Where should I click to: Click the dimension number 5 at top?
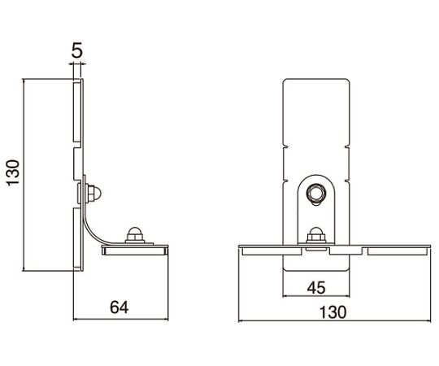pos(77,50)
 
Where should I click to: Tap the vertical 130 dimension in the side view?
pos(14,172)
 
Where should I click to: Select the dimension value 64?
pos(120,307)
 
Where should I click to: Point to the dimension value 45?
pos(316,288)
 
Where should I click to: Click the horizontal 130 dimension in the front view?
pos(333,312)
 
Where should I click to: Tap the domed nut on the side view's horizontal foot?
pos(135,235)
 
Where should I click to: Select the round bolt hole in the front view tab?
pos(316,193)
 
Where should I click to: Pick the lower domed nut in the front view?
pos(316,235)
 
